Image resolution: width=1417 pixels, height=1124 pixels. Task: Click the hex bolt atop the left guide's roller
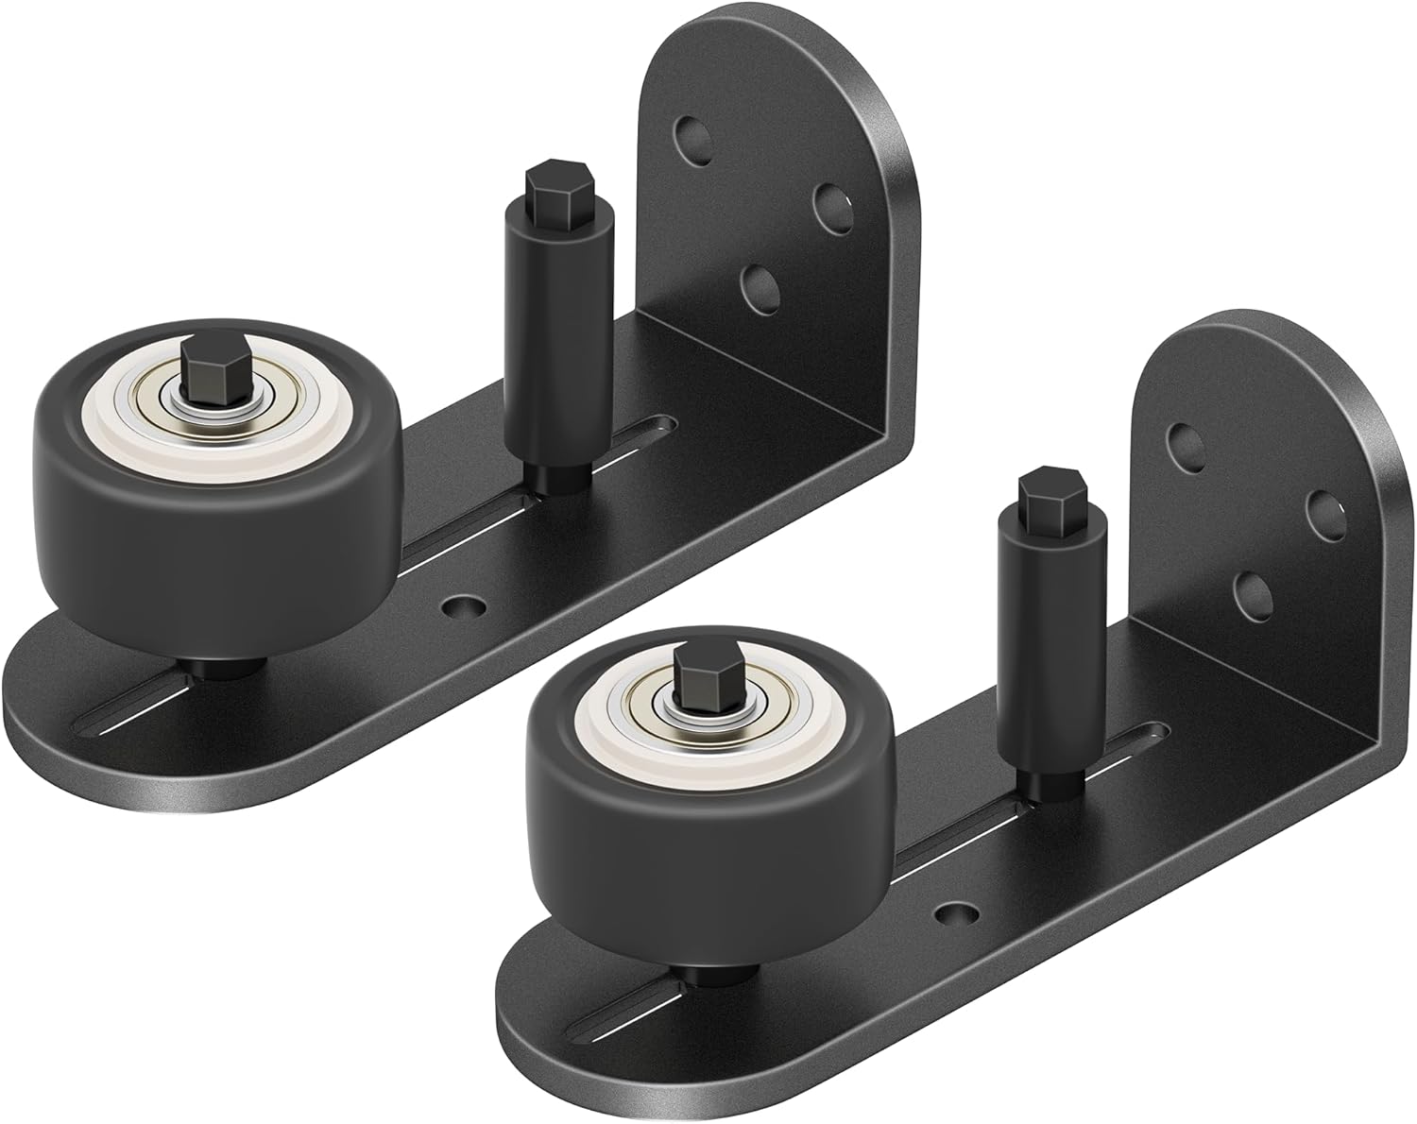point(200,361)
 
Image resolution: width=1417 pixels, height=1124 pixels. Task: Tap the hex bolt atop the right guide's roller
point(694,669)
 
